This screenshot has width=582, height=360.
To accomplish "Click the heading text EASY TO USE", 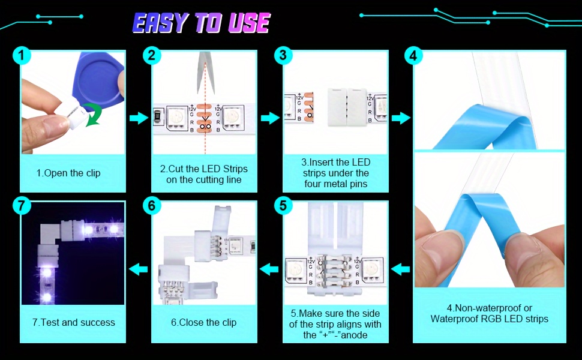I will click(x=201, y=23).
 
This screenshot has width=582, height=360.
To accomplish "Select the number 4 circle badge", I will click(x=413, y=56).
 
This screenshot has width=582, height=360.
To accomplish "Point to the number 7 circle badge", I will click(x=22, y=206).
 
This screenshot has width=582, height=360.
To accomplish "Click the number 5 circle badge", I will click(x=283, y=206).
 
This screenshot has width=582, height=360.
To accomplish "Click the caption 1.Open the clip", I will click(x=68, y=173).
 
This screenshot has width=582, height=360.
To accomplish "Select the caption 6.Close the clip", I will click(x=203, y=322).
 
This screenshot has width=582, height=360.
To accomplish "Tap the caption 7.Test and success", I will click(x=73, y=322).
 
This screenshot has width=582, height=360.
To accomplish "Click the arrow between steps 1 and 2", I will click(x=139, y=118).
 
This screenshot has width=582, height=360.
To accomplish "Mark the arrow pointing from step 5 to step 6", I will click(x=269, y=269).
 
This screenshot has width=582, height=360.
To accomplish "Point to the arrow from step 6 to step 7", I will click(x=139, y=269).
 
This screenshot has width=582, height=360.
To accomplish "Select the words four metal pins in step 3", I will click(x=335, y=184).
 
